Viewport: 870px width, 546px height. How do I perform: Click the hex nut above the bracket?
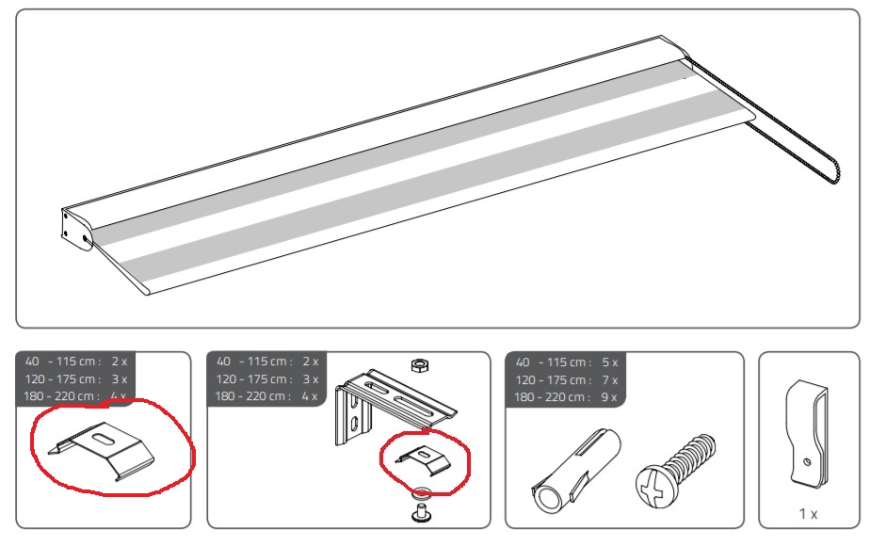click(420, 364)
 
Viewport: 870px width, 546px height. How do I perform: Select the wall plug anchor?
click(574, 471)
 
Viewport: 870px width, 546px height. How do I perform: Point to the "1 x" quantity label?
click(808, 514)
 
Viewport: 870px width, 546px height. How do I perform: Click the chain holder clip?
click(807, 434)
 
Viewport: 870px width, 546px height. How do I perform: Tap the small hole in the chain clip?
click(807, 461)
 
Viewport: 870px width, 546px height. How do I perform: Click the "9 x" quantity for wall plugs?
click(608, 397)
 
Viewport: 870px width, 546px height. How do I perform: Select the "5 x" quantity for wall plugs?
click(609, 362)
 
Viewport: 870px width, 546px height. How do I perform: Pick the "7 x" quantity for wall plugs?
click(609, 380)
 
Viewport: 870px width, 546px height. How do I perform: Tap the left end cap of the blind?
click(76, 229)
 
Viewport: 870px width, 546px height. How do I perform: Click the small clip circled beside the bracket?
click(424, 460)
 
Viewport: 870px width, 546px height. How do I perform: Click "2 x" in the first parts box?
click(120, 361)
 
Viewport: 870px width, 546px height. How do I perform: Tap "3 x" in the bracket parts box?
click(310, 379)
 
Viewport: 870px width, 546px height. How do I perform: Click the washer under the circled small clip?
click(422, 491)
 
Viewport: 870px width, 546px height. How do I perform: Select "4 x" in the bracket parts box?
click(310, 396)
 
